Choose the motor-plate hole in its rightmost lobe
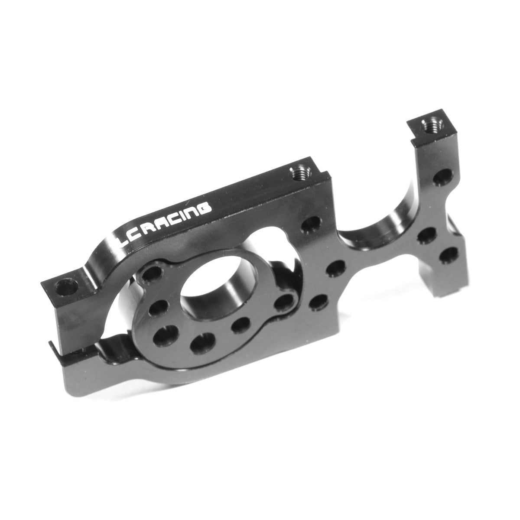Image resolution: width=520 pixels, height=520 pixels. pyautogui.click(x=284, y=302)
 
